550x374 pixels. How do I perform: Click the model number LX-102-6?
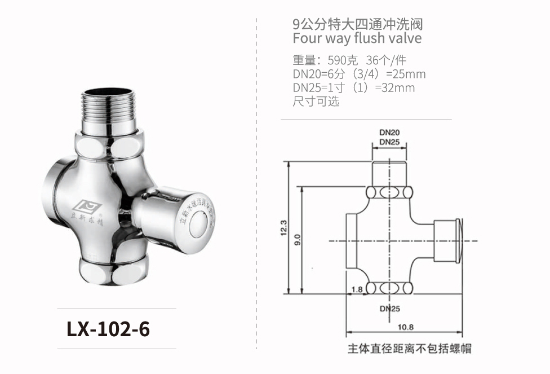pos(108,329)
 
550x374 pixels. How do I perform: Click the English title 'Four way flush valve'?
pos(357,38)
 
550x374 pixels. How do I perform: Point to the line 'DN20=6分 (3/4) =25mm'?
pos(359,74)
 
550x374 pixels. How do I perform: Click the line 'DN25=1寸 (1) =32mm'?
pos(353,88)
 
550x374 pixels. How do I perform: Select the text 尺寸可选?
pos(316,102)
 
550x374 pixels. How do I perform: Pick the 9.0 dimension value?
pos(298,239)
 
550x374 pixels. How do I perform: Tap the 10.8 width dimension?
pos(406,327)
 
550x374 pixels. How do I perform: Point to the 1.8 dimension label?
pos(356,289)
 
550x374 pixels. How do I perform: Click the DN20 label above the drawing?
pos(389,132)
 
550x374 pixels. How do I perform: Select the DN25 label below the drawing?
pos(389,309)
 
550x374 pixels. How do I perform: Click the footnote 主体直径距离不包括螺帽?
pos(409,349)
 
